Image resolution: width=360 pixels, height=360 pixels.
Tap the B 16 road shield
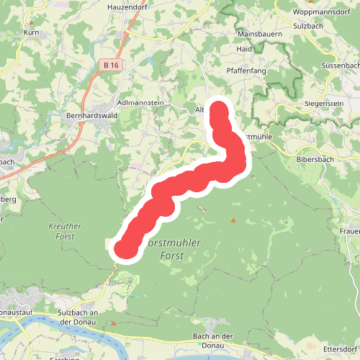(x=110, y=65)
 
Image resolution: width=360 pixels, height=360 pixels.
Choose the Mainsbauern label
(x=258, y=33)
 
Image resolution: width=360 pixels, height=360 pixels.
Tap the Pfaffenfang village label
(x=246, y=71)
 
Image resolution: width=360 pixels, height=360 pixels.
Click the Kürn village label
(x=31, y=32)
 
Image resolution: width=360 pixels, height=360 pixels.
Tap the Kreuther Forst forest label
(x=64, y=230)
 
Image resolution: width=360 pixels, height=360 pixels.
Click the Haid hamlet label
(x=244, y=49)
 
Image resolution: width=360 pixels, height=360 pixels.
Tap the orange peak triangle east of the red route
(x=233, y=220)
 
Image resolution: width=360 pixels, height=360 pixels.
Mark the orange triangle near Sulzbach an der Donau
(x=113, y=323)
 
